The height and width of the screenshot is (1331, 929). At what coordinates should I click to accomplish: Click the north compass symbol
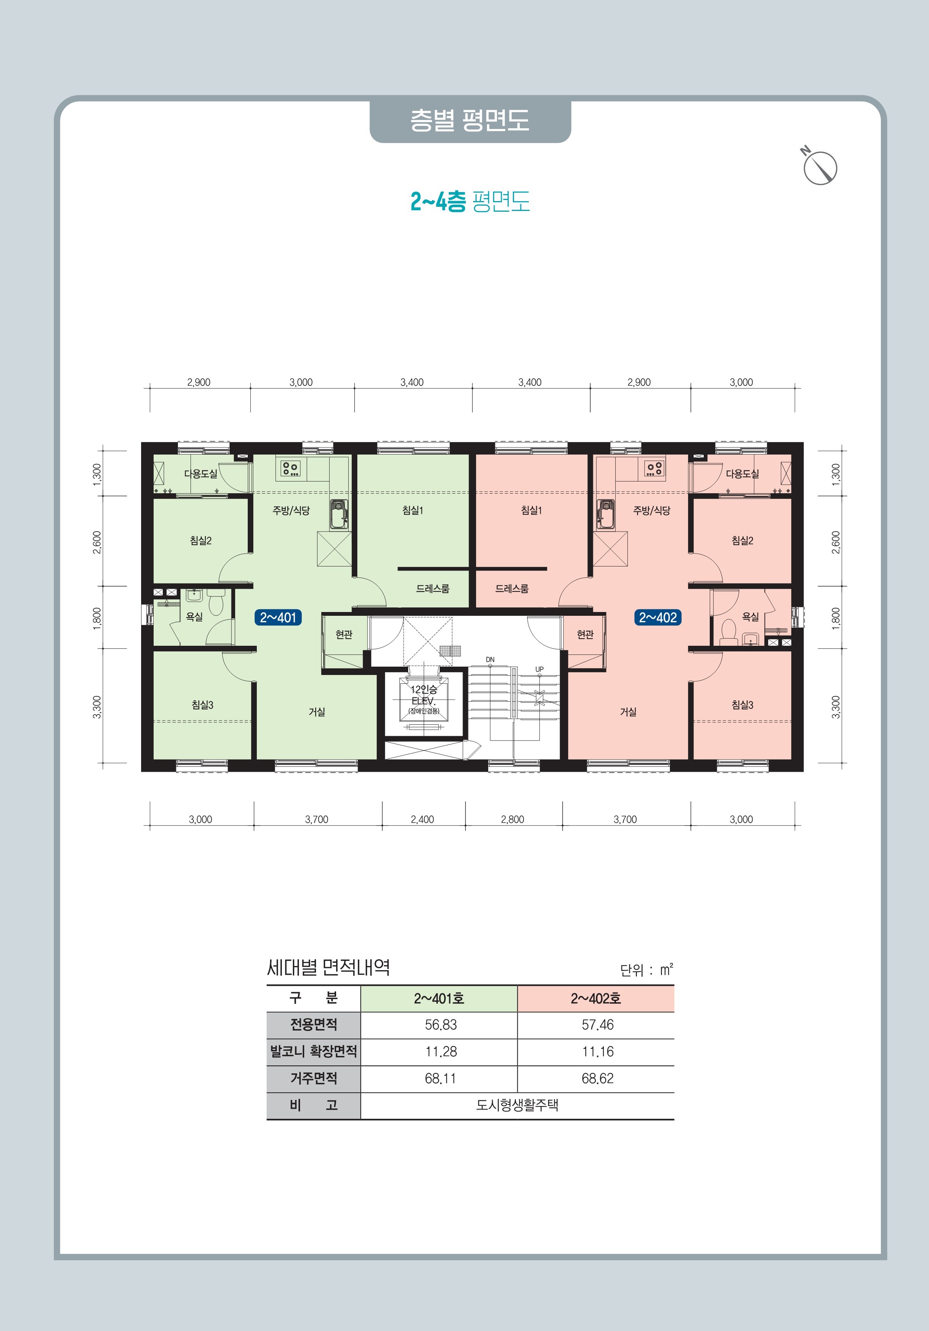click(x=819, y=168)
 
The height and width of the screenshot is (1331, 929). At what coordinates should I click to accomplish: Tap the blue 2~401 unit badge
click(x=278, y=617)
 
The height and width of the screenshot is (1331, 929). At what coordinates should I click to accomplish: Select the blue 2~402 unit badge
click(x=658, y=617)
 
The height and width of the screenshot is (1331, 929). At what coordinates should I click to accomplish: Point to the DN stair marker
click(x=490, y=660)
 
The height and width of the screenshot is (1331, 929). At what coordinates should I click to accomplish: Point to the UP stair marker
click(x=539, y=670)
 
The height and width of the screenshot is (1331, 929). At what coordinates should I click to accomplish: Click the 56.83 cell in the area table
click(x=440, y=1025)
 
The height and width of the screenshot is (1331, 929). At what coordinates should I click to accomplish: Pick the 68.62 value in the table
click(x=597, y=1079)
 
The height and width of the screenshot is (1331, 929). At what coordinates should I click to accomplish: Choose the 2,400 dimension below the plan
click(x=423, y=819)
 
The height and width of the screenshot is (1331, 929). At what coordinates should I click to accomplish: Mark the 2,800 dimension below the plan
click(x=512, y=819)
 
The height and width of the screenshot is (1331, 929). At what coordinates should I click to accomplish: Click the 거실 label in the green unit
click(x=316, y=712)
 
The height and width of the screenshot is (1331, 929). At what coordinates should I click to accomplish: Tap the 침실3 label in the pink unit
click(x=742, y=705)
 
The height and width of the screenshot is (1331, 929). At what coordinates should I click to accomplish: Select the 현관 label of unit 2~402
click(x=585, y=635)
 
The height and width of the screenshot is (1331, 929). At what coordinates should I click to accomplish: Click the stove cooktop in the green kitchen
click(x=290, y=468)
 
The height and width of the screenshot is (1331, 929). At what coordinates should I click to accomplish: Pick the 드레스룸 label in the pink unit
click(x=512, y=588)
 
